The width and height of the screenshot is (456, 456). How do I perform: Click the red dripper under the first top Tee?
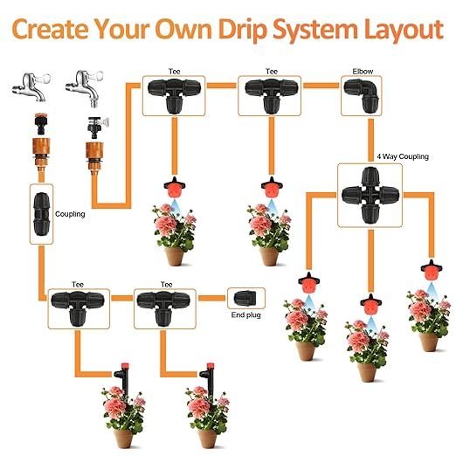coord(175,188)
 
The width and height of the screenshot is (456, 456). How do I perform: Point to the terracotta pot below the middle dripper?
coord(365,368)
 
